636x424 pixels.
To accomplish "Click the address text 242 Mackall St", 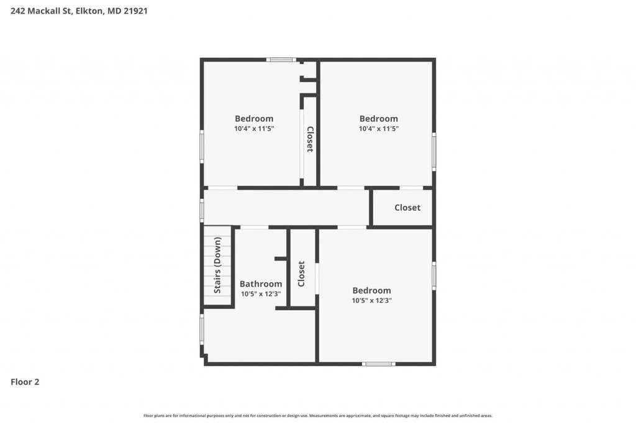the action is click(41, 11).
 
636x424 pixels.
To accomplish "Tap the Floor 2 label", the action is click(25, 382).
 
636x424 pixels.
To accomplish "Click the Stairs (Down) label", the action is click(218, 265).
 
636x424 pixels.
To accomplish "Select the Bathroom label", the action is click(261, 284).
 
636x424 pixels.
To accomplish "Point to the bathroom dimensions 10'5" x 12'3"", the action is click(261, 293).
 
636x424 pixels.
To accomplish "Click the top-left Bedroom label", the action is click(254, 119).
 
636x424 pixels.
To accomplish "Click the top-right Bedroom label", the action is click(378, 119).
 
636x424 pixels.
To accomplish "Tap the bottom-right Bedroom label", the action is click(371, 290).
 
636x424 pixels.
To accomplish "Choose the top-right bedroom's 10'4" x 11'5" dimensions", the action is click(378, 129).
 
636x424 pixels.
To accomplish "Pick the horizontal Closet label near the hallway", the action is click(407, 208).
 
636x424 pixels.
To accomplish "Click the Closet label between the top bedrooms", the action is click(310, 139).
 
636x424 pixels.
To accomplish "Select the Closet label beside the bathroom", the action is click(301, 274).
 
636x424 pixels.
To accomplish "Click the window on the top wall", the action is click(281, 60).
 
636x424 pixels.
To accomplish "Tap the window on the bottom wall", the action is click(378, 364).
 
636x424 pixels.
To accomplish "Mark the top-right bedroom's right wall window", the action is click(434, 152).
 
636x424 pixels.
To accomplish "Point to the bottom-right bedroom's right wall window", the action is click(434, 276).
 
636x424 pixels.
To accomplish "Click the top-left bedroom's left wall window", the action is click(202, 146).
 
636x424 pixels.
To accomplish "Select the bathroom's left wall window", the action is click(202, 330).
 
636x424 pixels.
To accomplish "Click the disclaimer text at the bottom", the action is click(318, 416).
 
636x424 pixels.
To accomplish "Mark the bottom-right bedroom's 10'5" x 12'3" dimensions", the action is click(371, 300).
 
